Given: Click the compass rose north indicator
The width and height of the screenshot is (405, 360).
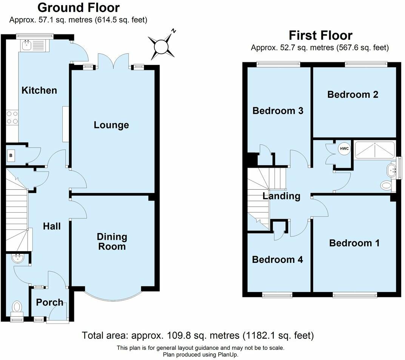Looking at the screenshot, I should click(x=162, y=46).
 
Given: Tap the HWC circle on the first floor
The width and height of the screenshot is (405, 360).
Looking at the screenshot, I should click(x=344, y=149).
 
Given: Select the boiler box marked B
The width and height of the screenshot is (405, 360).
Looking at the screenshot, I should click(x=10, y=155).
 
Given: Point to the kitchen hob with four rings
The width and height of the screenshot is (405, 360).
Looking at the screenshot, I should click(x=12, y=117).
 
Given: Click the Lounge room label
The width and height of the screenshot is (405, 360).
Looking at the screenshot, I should click(x=111, y=125).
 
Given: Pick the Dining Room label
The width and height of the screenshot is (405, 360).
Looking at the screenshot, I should click(x=112, y=242).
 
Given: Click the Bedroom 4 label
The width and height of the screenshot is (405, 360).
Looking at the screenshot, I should click(x=277, y=260).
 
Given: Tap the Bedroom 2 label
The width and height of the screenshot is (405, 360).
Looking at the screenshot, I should click(x=353, y=94).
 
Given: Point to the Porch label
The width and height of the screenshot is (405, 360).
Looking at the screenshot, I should click(x=49, y=302).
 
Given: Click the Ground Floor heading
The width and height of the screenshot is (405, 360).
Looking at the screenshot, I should click(x=79, y=8).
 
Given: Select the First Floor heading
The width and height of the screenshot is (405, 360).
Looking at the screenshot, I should click(x=320, y=35).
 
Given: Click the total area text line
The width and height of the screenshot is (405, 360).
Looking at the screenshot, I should click(x=198, y=335).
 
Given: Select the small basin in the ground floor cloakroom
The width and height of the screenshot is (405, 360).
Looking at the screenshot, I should click(x=17, y=259).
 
